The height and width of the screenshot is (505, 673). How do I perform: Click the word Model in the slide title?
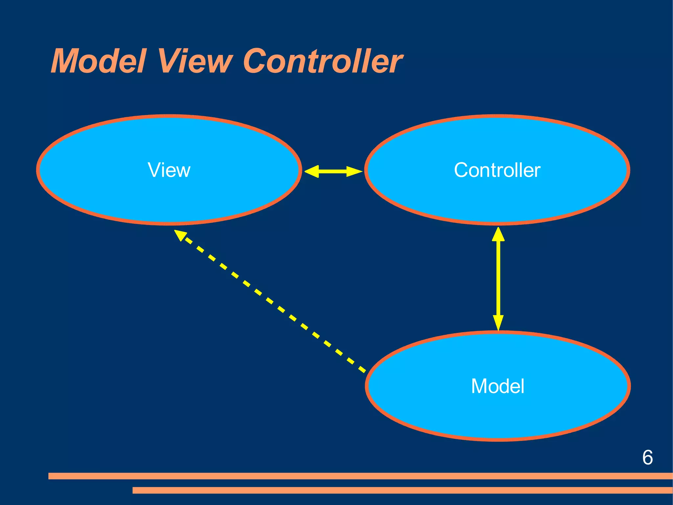pos(98,61)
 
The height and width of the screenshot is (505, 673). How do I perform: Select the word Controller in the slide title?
pos(323,61)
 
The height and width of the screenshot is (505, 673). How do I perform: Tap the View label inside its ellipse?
pos(169,170)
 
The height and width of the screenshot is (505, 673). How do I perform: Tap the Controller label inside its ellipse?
pos(497,170)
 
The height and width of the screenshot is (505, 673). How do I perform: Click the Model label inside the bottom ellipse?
pos(498,386)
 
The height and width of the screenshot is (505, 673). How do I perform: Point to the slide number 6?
pos(647,458)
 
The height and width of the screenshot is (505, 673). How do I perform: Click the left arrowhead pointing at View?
pos(312,171)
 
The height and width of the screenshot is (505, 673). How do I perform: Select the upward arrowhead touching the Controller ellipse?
pos(498,235)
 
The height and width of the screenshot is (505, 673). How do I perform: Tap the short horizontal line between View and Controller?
pos(333,171)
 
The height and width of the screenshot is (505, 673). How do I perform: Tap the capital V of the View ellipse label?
pos(154,170)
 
